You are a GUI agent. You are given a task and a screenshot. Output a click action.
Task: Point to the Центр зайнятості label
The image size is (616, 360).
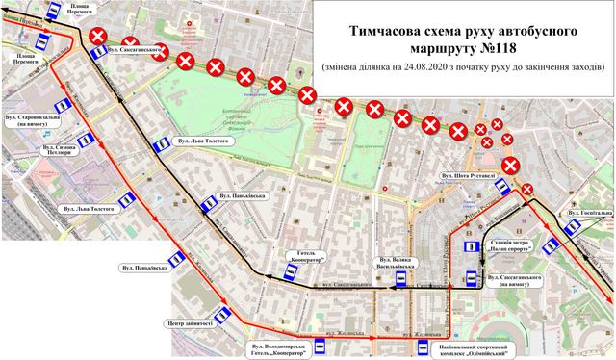[189, 323]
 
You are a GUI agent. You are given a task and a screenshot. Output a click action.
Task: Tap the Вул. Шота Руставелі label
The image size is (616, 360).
[467, 176]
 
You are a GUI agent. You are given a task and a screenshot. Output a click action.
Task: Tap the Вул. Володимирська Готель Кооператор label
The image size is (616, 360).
[281, 348]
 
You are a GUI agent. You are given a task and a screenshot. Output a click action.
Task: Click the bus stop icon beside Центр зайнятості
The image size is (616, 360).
[223, 314]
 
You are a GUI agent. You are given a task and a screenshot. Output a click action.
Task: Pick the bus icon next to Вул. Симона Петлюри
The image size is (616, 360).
[87, 141]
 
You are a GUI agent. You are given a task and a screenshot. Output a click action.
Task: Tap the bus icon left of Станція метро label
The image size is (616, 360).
[483, 248]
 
